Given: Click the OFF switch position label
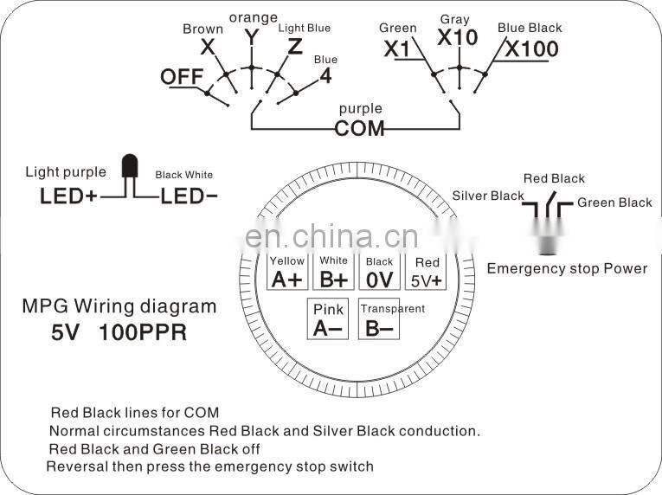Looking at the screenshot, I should tap(181, 77).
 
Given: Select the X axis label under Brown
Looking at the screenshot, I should tap(208, 47).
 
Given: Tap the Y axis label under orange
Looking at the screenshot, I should tap(252, 36).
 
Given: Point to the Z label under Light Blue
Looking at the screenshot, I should tap(295, 47).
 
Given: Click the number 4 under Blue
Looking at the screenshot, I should tap(325, 75).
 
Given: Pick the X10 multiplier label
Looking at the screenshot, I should tap(458, 37).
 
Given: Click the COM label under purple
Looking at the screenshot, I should tap(360, 129).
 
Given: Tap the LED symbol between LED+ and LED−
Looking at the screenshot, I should tap(130, 169).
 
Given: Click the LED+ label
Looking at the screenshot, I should tap(69, 196).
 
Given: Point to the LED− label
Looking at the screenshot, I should tap(188, 196).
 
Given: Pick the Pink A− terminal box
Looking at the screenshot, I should tap(329, 318).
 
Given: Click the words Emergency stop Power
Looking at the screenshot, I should tap(567, 268).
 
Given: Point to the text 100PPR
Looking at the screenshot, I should tap(143, 331).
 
